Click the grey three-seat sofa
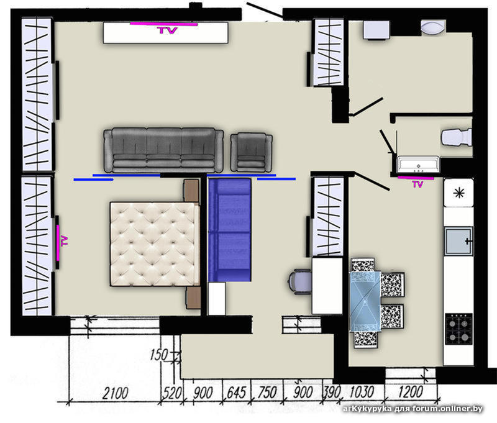163,150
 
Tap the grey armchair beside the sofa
252,152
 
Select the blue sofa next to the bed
229,230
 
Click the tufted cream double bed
155,244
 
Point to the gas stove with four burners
458,329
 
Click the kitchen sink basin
458,241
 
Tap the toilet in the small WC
457,137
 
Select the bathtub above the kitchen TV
418,165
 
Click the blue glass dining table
365,301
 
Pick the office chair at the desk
299,281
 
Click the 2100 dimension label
115,393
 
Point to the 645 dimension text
237,393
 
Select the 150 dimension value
159,355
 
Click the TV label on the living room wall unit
167,30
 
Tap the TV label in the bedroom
65,241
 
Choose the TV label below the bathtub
417,184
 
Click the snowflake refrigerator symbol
458,193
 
